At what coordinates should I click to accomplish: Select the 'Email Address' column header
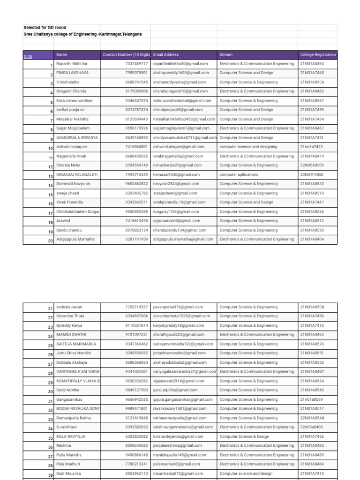click(x=166, y=55)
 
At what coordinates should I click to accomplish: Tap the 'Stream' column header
click(x=226, y=55)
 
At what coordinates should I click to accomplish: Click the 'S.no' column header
click(x=28, y=56)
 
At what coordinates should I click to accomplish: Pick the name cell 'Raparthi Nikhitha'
click(x=72, y=64)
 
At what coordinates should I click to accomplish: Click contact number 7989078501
click(x=136, y=73)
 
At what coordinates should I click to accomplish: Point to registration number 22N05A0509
click(x=312, y=165)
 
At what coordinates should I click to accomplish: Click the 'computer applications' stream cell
click(x=239, y=175)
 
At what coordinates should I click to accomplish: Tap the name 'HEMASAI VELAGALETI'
click(x=77, y=175)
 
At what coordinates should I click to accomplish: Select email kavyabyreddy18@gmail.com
click(x=179, y=325)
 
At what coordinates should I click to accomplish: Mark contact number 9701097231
click(x=136, y=335)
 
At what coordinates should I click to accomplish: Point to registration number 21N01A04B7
click(x=312, y=372)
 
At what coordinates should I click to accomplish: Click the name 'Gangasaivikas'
click(x=69, y=399)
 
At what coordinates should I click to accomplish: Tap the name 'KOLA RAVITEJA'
click(x=71, y=436)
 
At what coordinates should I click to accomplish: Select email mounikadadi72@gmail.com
click(x=178, y=473)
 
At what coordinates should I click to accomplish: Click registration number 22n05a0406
click(x=311, y=427)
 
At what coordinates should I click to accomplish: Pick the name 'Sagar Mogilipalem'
click(x=73, y=128)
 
